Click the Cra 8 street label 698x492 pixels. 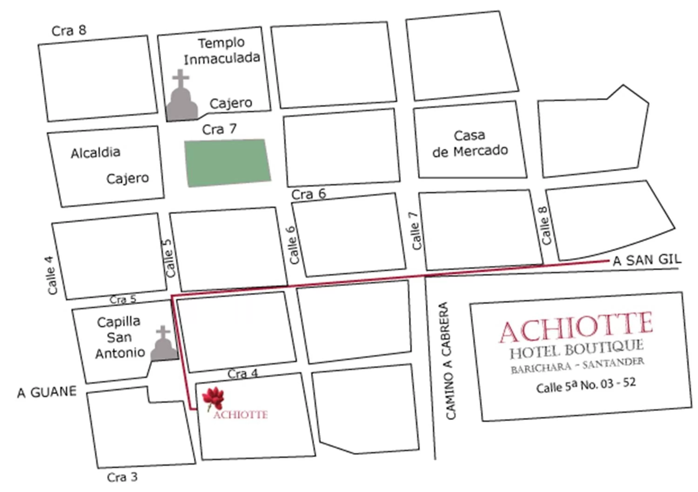click(69, 31)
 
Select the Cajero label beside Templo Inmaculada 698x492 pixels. click(231, 103)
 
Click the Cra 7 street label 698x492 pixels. click(219, 130)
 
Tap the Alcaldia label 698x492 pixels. click(95, 153)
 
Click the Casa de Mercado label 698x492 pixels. click(470, 143)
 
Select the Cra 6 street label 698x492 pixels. click(309, 194)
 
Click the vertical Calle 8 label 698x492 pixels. click(546, 226)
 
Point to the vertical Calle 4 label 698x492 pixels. click(52, 276)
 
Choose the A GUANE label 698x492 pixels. click(47, 392)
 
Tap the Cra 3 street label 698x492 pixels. click(122, 477)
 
